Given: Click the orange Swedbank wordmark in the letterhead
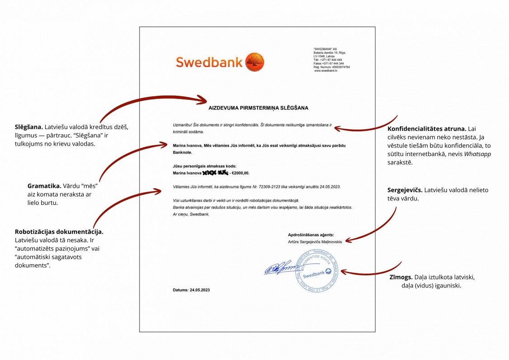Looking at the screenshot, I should (210, 62).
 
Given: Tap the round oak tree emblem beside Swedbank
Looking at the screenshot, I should (255, 62).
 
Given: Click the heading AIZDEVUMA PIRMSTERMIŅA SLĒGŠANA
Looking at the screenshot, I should (258, 108).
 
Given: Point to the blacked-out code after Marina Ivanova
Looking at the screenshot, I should (216, 173).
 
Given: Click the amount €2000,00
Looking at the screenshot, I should (240, 173).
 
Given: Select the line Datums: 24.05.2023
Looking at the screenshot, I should (191, 289).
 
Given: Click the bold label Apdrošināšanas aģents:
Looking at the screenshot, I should (311, 235).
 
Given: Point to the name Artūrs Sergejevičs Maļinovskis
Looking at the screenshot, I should (315, 242).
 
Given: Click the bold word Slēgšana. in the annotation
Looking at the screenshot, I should (29, 127).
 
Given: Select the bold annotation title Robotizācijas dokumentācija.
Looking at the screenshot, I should (59, 232).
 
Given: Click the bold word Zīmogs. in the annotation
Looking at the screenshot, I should (400, 277).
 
